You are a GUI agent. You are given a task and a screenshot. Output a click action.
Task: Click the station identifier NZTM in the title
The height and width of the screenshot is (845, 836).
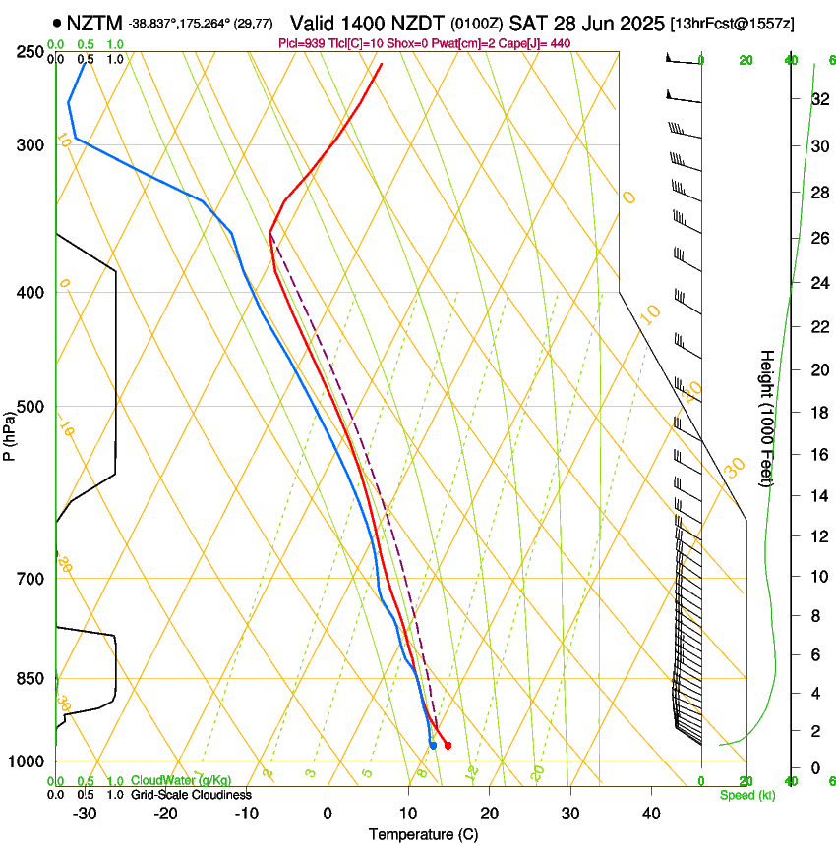(94, 22)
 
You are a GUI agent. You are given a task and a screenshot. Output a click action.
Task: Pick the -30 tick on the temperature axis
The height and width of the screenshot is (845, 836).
(85, 814)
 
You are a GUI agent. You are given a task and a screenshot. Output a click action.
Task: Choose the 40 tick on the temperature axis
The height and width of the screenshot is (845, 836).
(650, 814)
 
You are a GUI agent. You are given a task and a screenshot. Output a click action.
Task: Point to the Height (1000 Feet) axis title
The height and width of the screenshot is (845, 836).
(767, 419)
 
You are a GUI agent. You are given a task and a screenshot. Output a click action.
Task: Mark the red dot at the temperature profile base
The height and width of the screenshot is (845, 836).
(448, 746)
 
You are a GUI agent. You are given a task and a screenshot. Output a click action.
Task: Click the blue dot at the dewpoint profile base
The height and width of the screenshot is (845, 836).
(433, 746)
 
